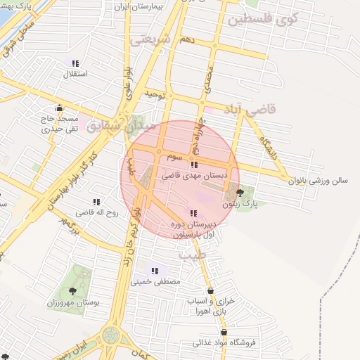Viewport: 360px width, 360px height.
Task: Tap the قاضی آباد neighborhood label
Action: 250,109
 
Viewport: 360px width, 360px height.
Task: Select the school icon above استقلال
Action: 75,63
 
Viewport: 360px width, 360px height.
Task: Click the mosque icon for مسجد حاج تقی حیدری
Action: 59,108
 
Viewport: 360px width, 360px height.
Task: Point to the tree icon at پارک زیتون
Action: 240,192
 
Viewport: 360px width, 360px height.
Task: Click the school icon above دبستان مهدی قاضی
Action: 194,165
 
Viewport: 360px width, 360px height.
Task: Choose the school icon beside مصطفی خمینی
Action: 155,271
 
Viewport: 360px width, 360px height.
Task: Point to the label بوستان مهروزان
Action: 73,302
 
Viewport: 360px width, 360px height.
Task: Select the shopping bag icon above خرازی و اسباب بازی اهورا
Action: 210,290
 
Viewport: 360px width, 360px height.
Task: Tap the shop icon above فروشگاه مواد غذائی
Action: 224,332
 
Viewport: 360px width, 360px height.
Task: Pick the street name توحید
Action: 153,94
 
